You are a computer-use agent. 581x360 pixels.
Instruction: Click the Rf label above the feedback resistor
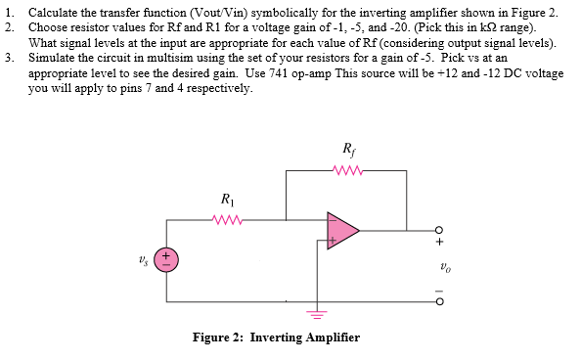click(350, 150)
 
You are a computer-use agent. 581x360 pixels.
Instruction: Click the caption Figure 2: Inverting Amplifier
click(276, 337)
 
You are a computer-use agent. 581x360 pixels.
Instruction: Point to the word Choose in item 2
click(49, 26)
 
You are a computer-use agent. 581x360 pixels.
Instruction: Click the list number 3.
click(9, 58)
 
